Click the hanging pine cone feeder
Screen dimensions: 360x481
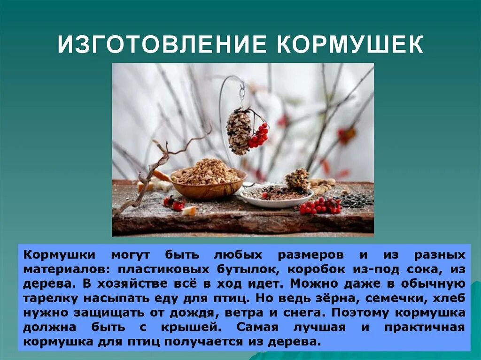point(239,130)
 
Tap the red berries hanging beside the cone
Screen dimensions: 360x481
point(259,136)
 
